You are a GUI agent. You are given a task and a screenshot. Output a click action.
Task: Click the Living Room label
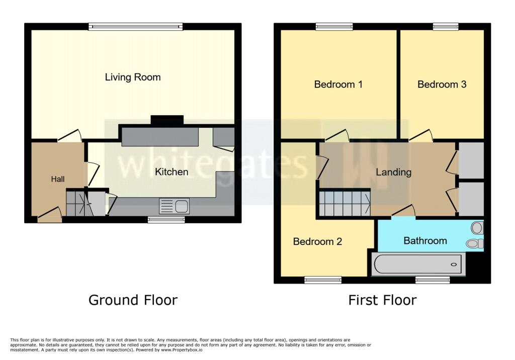(x=133, y=77)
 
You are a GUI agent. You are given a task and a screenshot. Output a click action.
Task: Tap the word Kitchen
(x=171, y=172)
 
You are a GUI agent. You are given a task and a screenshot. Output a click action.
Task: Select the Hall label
(x=57, y=179)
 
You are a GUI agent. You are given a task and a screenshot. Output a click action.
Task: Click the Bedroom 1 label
(x=338, y=84)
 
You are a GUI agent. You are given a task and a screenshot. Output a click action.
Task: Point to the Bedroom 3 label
(x=442, y=84)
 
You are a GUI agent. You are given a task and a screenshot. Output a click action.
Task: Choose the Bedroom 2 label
(x=317, y=242)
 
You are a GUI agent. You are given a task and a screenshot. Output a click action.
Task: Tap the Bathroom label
(x=425, y=241)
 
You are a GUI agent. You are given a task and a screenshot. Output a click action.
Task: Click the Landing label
(x=393, y=172)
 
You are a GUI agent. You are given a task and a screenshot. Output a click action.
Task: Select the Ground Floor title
(x=133, y=300)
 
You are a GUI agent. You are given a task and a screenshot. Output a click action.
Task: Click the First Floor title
(x=382, y=300)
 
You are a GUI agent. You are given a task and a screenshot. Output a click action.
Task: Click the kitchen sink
(x=174, y=206)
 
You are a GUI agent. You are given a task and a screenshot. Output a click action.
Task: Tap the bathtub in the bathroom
(x=418, y=264)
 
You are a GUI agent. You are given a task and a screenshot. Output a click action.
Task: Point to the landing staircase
(x=345, y=203)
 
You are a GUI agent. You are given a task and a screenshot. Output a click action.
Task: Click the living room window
(x=135, y=27)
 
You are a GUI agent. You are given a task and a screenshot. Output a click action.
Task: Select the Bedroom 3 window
(x=446, y=27)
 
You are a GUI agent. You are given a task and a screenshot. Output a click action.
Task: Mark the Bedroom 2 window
(x=323, y=280)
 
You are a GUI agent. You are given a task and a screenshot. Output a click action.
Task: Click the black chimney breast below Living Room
(x=167, y=120)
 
